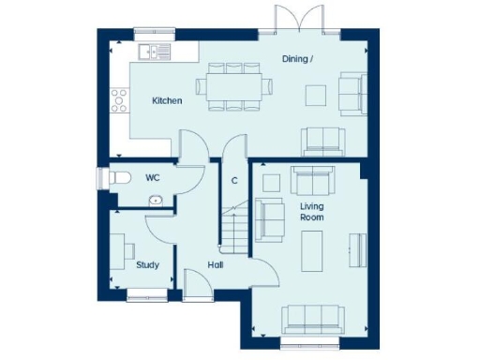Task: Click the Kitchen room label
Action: [167, 100]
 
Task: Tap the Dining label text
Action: [299, 60]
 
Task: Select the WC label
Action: [153, 176]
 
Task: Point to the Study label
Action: [147, 264]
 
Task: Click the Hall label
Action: [217, 264]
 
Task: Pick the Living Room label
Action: [312, 211]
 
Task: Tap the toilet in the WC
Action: [117, 177]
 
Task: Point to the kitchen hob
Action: [119, 98]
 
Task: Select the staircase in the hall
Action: [234, 226]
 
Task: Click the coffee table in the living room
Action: [310, 247]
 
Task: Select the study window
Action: [146, 297]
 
